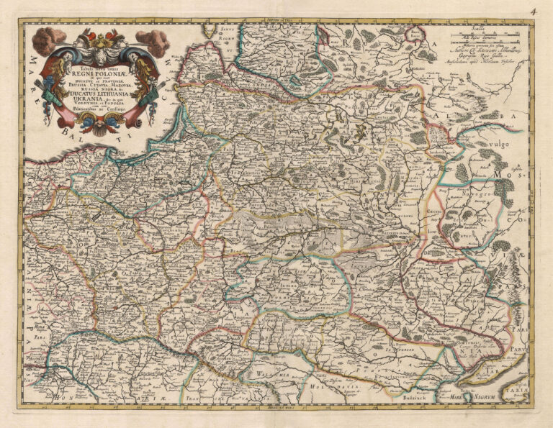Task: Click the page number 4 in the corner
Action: [x=534, y=12]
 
